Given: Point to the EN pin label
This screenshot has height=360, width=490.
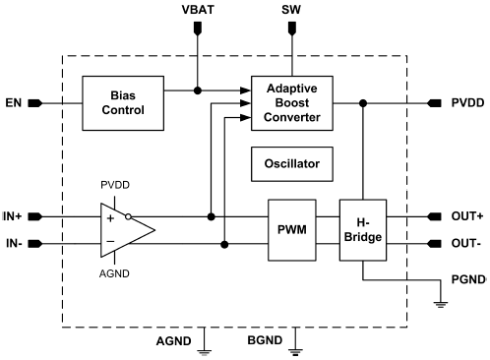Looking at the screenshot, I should (15, 102).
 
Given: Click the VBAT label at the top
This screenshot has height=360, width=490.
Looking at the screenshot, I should (199, 11).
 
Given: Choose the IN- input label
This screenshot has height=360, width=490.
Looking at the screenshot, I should (15, 243).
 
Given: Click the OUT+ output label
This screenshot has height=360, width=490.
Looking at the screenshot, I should (467, 214).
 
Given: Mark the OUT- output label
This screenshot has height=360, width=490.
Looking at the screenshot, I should (466, 243).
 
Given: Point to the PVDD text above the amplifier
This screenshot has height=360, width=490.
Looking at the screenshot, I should (115, 184).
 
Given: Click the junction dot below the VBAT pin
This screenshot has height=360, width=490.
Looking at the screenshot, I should (199, 90).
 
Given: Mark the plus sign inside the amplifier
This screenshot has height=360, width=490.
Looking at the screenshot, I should (110, 216).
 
